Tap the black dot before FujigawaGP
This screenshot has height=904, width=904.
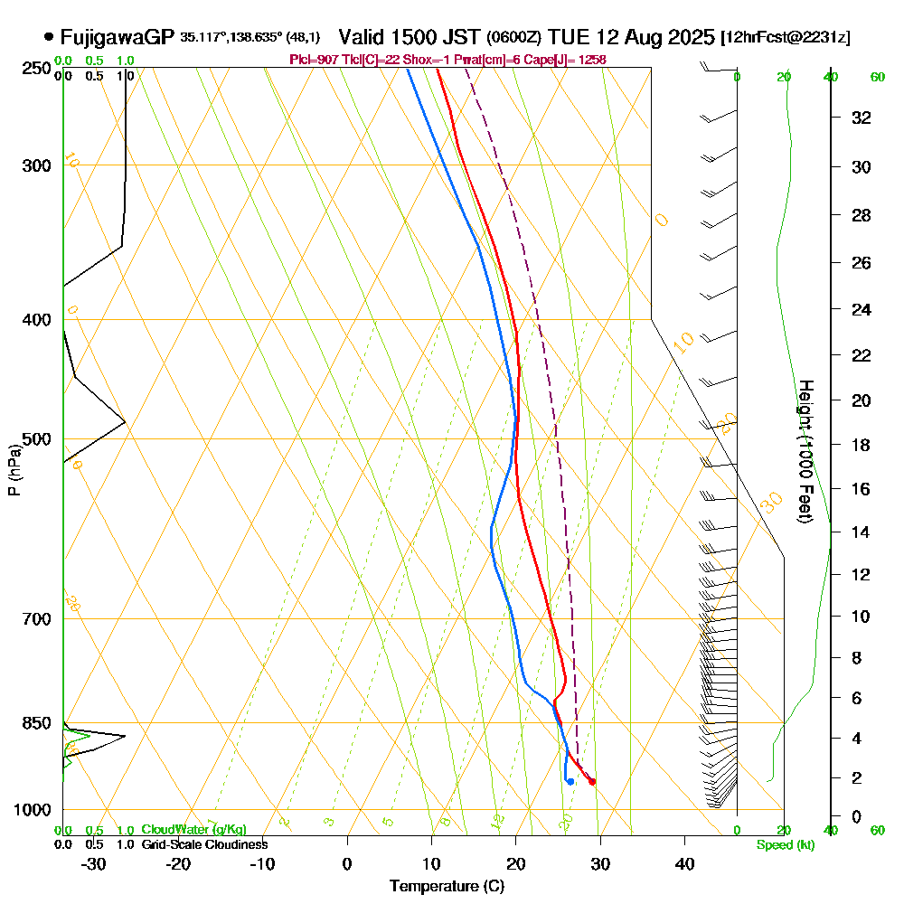pyautogui.click(x=48, y=37)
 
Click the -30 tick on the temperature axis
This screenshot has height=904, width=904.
pyautogui.click(x=94, y=863)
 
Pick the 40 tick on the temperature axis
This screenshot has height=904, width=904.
pyautogui.click(x=684, y=863)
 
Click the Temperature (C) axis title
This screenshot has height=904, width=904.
pyautogui.click(x=447, y=887)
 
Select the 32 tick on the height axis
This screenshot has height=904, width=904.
pyautogui.click(x=862, y=118)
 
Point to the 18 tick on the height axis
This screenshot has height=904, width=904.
pyautogui.click(x=862, y=445)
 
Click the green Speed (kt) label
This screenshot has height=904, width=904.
pyautogui.click(x=784, y=844)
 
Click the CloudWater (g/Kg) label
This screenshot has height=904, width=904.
pyautogui.click(x=193, y=830)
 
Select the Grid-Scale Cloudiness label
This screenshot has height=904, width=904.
pyautogui.click(x=204, y=844)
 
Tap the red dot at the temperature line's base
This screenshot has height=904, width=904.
pyautogui.click(x=592, y=781)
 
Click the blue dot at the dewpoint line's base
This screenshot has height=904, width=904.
pyautogui.click(x=570, y=781)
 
